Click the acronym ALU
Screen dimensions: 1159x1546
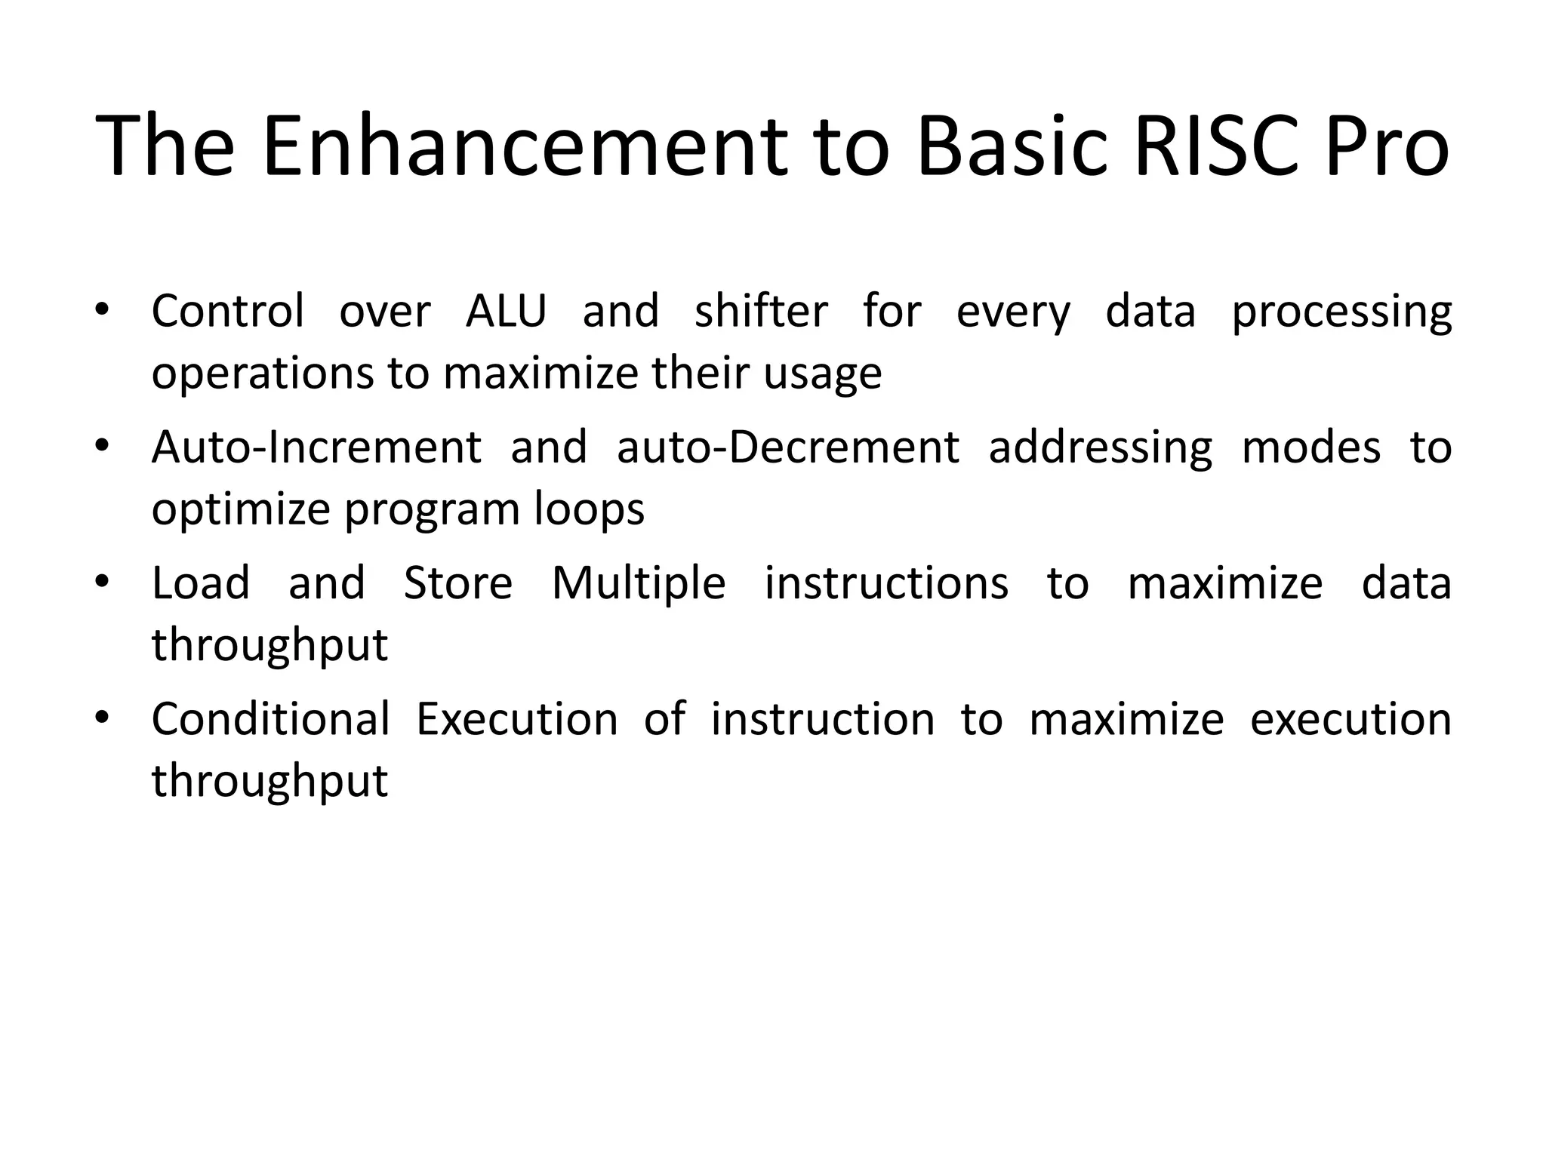tap(506, 311)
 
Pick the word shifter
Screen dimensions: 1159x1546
tap(761, 311)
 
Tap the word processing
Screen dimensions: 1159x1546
tap(1341, 312)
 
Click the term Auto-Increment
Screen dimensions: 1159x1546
tap(316, 447)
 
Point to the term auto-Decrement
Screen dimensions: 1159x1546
tap(788, 447)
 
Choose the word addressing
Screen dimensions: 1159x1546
tap(1100, 448)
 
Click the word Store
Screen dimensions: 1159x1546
tap(458, 583)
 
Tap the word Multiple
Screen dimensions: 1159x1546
tap(639, 584)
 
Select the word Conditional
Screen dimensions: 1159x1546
tap(271, 718)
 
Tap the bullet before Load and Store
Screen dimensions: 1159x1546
tap(103, 582)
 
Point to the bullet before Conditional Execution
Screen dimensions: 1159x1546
tap(103, 718)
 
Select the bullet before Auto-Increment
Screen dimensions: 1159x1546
tap(103, 446)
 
